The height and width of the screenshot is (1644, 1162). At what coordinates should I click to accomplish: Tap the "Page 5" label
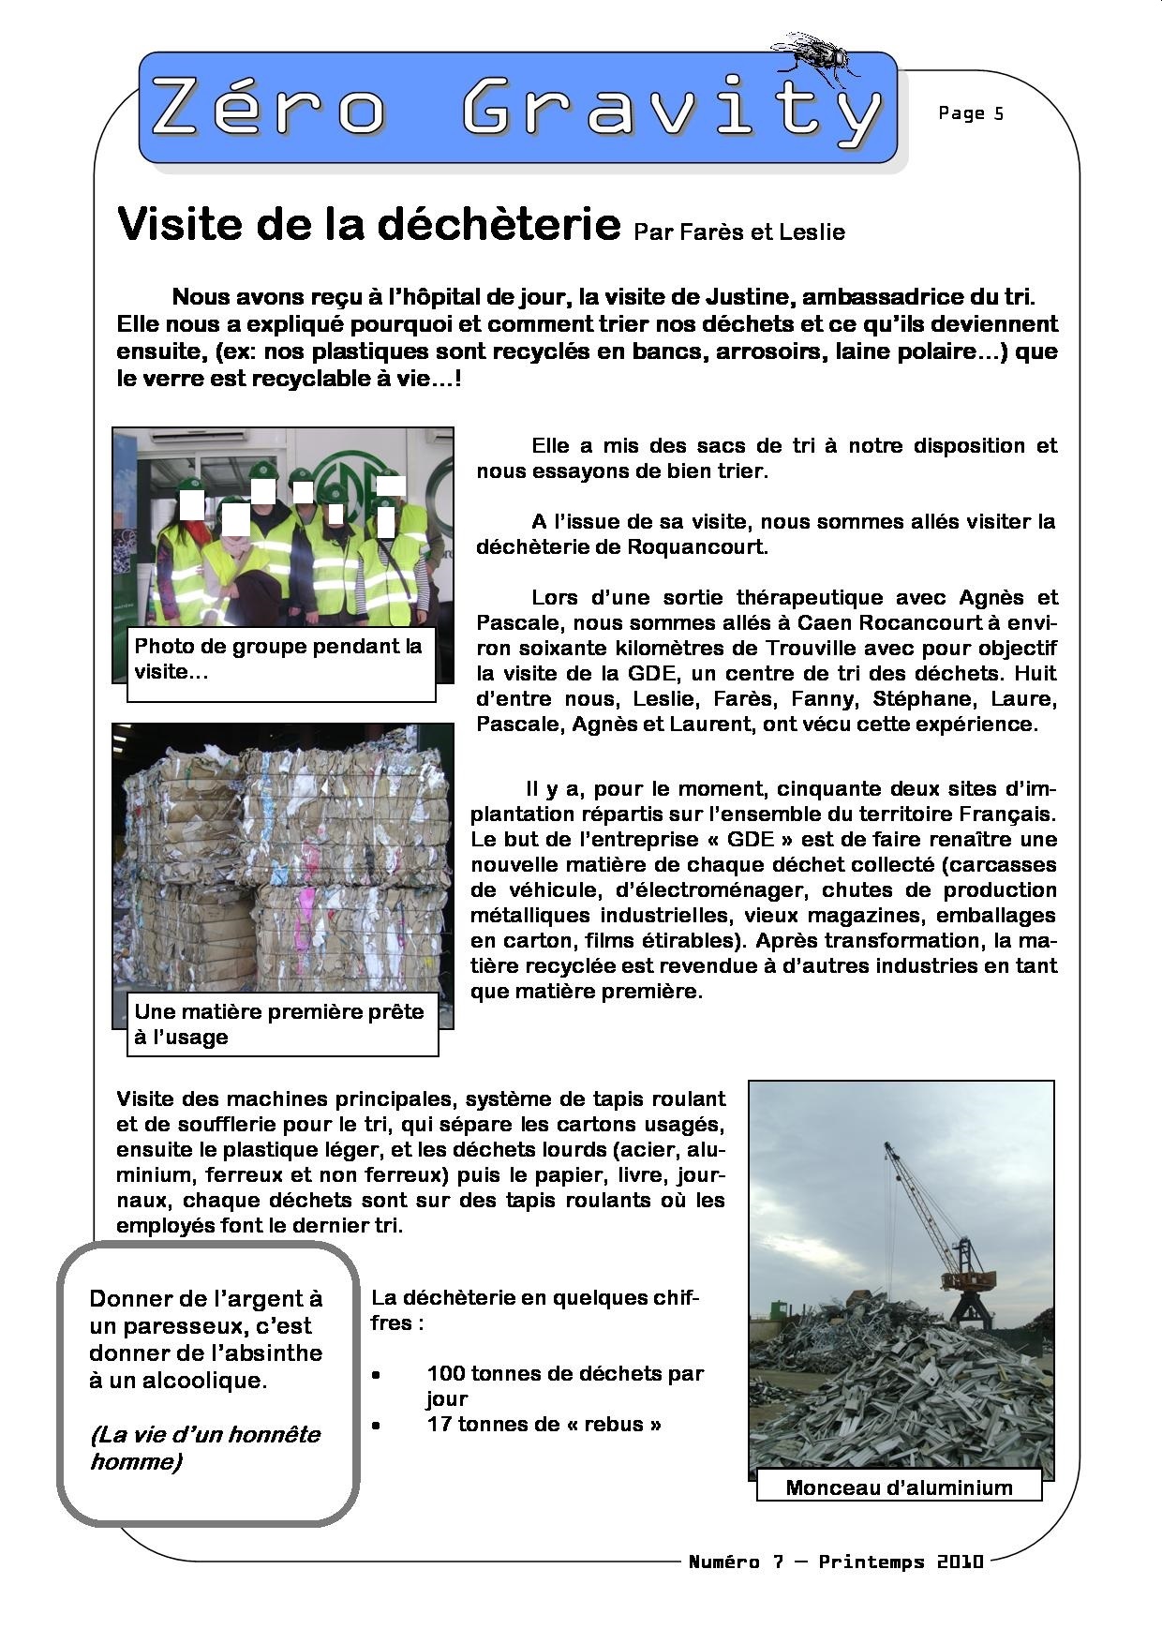tap(970, 113)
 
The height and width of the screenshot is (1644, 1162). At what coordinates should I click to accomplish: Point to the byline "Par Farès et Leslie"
tap(739, 232)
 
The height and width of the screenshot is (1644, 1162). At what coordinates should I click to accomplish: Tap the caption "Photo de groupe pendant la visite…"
tap(278, 659)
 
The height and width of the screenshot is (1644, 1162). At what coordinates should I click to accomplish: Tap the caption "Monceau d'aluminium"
tap(899, 1487)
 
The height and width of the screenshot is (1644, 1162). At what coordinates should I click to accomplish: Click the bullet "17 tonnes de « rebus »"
tap(544, 1424)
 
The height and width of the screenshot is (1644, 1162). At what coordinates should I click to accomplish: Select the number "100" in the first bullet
tap(446, 1373)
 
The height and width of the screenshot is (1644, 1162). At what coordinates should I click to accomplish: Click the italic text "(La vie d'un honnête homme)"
tap(204, 1447)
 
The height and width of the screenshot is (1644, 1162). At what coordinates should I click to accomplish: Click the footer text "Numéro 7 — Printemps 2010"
tap(836, 1562)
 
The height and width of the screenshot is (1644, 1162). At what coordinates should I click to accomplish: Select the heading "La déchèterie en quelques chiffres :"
tap(534, 1309)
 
